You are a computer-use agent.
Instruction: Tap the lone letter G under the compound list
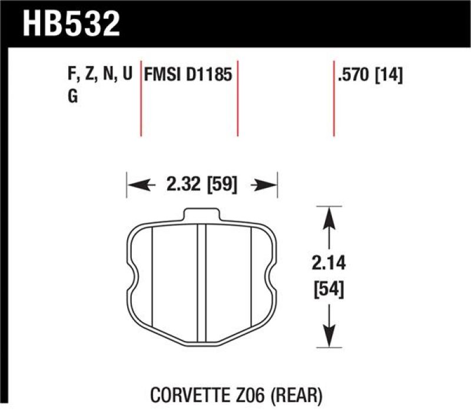click(74, 98)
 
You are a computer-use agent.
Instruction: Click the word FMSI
click(163, 76)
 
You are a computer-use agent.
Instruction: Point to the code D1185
click(207, 76)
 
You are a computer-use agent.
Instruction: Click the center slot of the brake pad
click(201, 283)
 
